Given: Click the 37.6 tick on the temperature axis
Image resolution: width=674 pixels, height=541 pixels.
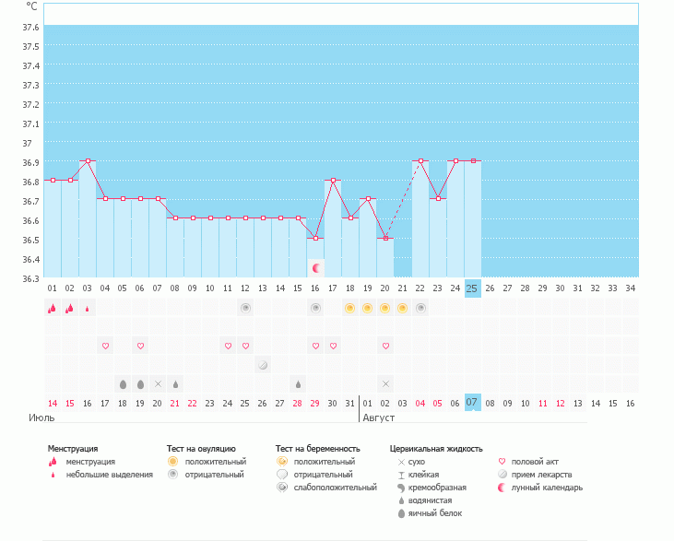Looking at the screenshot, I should tap(30, 27).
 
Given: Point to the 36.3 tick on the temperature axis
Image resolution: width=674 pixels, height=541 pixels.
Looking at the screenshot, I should tap(30, 278).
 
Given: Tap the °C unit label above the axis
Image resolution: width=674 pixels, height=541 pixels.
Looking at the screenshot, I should tap(31, 6).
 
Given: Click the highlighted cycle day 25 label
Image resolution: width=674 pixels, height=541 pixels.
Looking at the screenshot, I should tap(472, 288).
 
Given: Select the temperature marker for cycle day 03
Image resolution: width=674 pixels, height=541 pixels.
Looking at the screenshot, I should tap(88, 160).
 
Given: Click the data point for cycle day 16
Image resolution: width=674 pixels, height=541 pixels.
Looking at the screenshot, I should tap(315, 238).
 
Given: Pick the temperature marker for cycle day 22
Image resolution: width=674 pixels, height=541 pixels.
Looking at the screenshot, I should tap(420, 160).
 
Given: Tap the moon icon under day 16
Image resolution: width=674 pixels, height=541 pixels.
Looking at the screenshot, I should tap(316, 268).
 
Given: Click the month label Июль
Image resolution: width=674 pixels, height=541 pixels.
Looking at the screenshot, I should tap(41, 418).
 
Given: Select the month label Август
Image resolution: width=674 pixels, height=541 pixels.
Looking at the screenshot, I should tap(379, 418).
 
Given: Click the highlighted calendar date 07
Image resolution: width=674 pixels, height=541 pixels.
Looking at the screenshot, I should tap(472, 403).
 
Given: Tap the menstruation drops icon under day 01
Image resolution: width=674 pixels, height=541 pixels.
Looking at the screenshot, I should tap(53, 309).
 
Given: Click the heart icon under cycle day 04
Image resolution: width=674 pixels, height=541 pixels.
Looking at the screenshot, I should tap(105, 346).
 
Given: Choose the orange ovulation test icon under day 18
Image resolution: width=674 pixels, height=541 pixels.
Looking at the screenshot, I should tap(350, 308).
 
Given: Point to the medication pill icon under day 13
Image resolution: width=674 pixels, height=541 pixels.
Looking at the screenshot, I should tap(263, 365).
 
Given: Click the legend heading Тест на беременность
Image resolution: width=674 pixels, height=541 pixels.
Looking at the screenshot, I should tap(317, 449).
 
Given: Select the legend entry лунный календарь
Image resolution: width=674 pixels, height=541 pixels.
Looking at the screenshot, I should tap(548, 488).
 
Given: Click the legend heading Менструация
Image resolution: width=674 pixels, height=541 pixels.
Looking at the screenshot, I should tap(73, 449).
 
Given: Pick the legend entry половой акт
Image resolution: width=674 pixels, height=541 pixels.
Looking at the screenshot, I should tap(535, 462).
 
